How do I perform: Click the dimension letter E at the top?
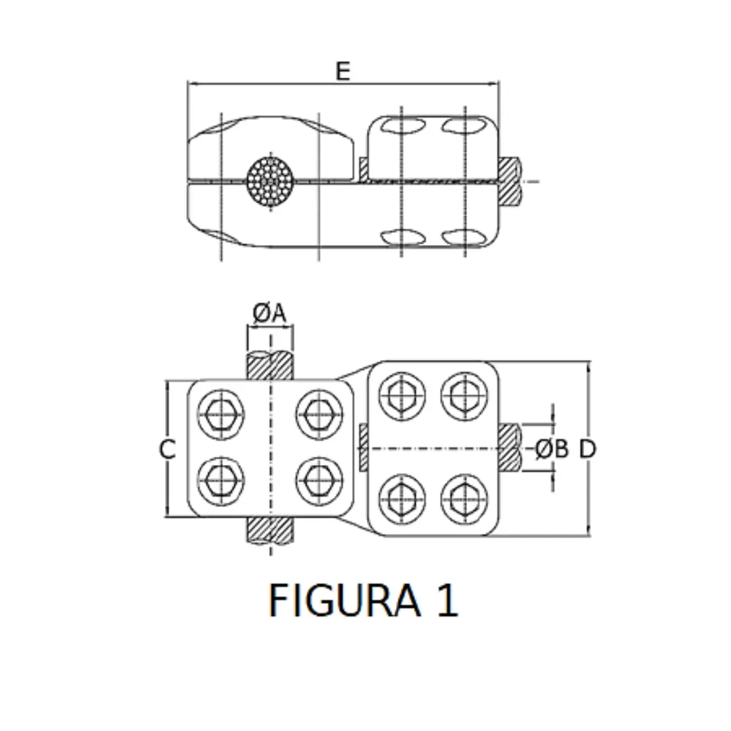(x=343, y=71)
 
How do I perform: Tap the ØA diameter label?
(x=270, y=313)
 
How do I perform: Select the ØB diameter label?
(x=552, y=449)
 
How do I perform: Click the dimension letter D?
(x=588, y=449)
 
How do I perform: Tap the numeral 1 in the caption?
(x=447, y=600)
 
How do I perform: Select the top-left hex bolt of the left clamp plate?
(x=220, y=413)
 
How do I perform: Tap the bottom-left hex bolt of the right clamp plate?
(x=402, y=497)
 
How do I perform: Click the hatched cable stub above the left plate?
(x=271, y=365)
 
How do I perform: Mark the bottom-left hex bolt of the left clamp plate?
(x=220, y=480)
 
